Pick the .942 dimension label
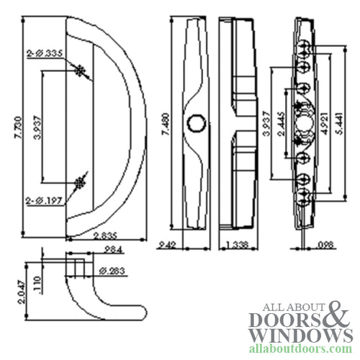coord(167,245)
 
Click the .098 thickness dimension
coord(324,245)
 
